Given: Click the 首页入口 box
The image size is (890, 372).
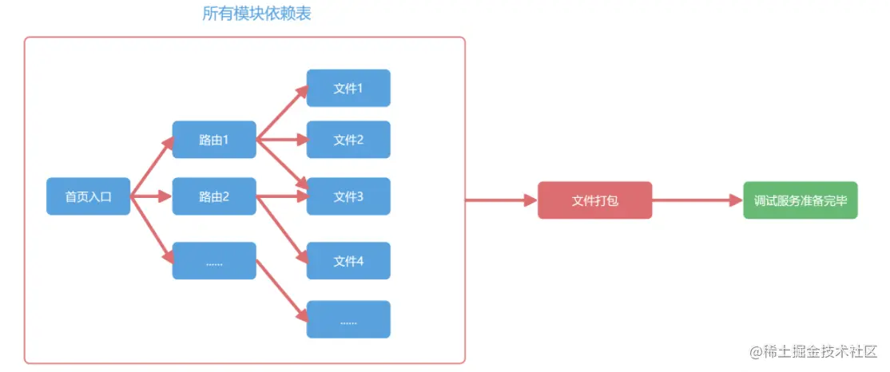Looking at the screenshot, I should [88, 196].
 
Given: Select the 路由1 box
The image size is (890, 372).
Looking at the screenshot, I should [214, 140].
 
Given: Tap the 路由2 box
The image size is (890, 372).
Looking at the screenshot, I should [214, 196].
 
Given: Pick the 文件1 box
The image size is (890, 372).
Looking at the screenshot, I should [348, 88].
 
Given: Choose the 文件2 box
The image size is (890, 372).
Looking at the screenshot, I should [348, 140].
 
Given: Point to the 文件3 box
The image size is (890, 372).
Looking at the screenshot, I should [348, 196].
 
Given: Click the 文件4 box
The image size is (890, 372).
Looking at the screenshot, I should [348, 260].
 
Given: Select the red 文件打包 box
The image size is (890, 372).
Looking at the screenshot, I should [594, 200].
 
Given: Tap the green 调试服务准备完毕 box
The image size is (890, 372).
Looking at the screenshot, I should [800, 200].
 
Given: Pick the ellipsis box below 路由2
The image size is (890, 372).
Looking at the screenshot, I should [214, 260].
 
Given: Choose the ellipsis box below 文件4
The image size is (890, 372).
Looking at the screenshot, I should [348, 319].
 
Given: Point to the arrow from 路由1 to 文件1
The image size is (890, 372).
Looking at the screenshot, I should [281, 113].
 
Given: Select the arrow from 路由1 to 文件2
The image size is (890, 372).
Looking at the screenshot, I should [281, 140].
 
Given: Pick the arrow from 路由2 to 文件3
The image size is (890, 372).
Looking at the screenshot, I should [281, 196].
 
